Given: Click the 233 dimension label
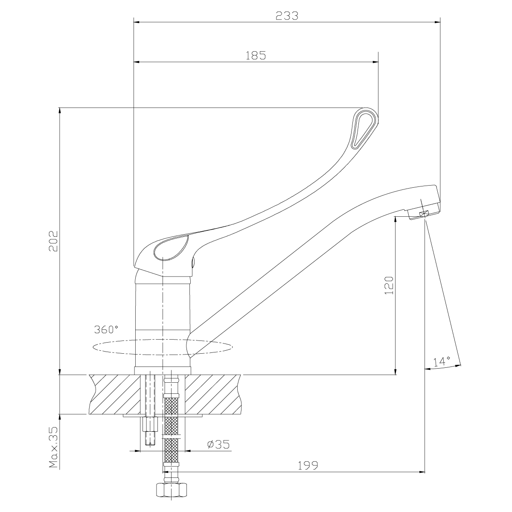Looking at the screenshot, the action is (x=287, y=16).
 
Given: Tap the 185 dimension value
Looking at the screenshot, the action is (x=256, y=55).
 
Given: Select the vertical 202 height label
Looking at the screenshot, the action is (x=53, y=241).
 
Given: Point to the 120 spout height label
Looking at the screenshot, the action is (x=389, y=285).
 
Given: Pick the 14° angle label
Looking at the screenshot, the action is (x=442, y=362).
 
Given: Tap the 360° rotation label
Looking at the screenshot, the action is (x=106, y=329).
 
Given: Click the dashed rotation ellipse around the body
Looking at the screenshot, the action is (x=163, y=347).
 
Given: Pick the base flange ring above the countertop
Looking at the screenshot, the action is (x=163, y=370).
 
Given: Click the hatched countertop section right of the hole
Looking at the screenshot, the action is (x=213, y=394).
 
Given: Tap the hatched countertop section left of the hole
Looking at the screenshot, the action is (x=115, y=394).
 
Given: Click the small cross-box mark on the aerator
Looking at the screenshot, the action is (x=423, y=213).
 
